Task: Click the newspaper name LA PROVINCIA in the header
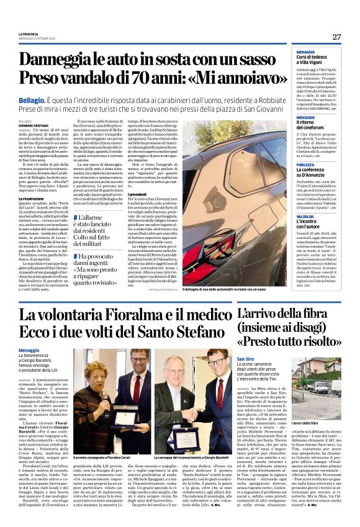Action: pos(29,34)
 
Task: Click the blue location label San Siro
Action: pos(246,359)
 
